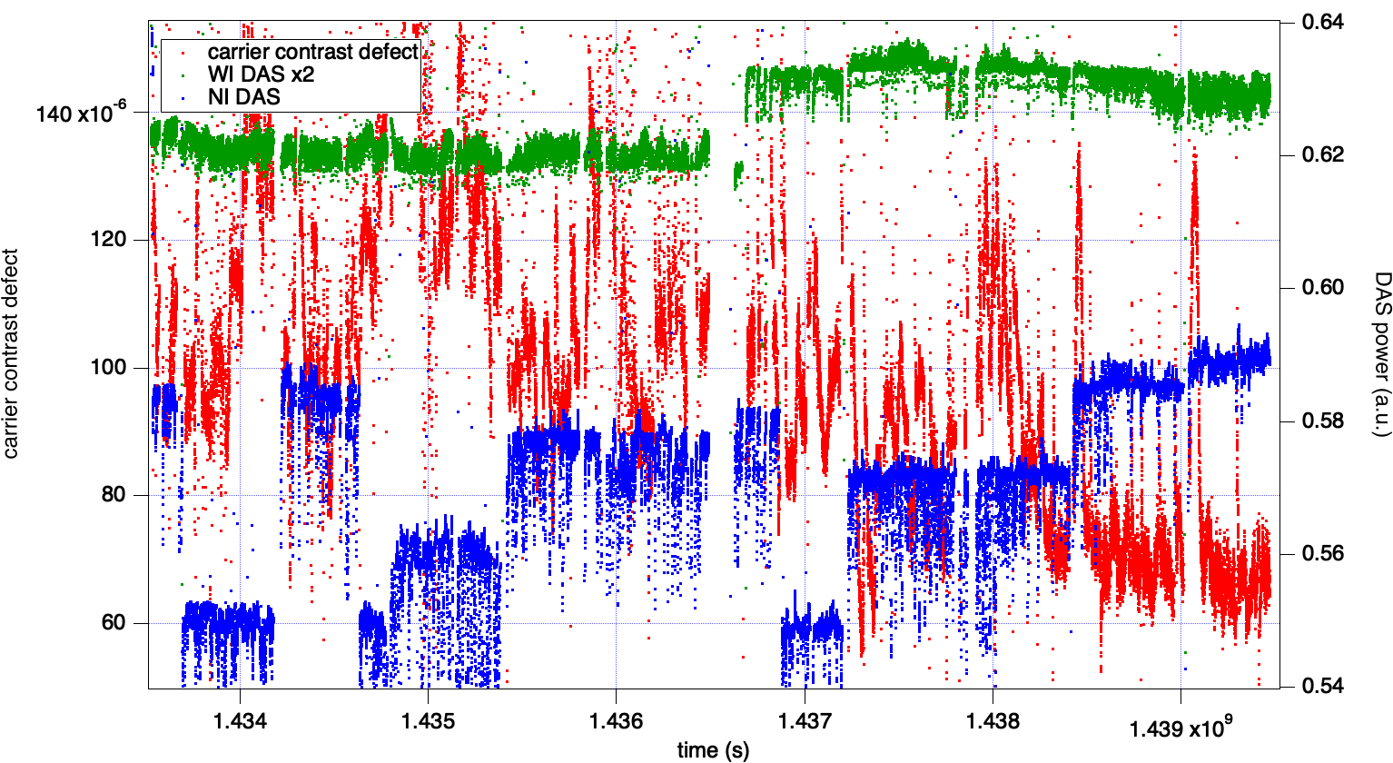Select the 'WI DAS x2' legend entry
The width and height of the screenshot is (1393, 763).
[261, 74]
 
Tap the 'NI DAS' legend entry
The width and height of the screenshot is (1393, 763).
[244, 96]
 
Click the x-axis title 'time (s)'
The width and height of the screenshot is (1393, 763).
[714, 749]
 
